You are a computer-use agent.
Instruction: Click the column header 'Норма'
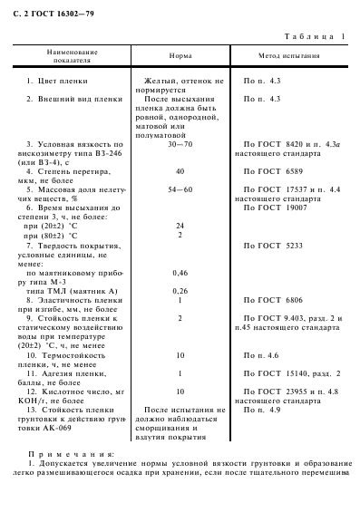(180, 56)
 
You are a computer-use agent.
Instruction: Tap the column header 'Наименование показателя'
(73, 56)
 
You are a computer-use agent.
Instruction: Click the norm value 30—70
(180, 144)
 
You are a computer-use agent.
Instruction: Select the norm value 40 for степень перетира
(180, 171)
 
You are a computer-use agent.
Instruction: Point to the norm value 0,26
(180, 290)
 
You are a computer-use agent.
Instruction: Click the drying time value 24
(180, 226)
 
